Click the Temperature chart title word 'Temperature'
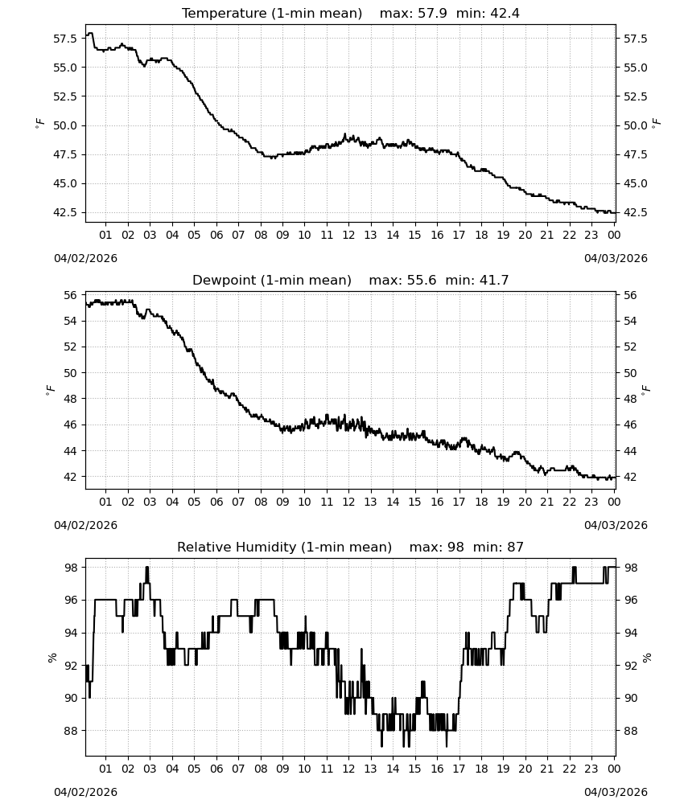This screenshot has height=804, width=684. (x=225, y=14)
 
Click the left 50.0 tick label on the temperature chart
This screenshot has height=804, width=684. (x=65, y=125)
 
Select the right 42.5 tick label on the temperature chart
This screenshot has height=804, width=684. (x=635, y=212)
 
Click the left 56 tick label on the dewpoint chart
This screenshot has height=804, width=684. (x=70, y=295)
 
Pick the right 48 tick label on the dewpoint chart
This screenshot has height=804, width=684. (x=630, y=399)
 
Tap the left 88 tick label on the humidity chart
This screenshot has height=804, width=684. (x=70, y=731)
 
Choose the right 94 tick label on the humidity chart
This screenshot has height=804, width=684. (x=630, y=634)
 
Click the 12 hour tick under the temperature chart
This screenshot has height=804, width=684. (x=348, y=235)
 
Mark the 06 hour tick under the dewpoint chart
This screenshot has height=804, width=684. (x=216, y=502)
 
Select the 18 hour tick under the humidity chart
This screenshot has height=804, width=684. (x=481, y=769)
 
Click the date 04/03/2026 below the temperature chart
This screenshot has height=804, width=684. (x=616, y=258)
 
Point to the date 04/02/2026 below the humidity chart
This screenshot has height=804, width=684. (x=85, y=792)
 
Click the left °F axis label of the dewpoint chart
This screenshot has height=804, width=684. (x=50, y=391)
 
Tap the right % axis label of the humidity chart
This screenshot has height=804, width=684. (x=646, y=658)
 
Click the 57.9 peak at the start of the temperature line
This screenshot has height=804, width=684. (x=90, y=34)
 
